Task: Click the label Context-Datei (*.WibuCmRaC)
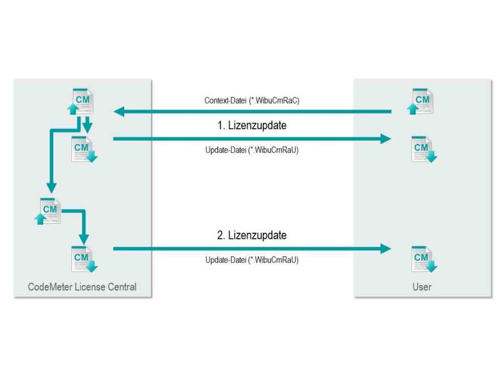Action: pyautogui.click(x=252, y=101)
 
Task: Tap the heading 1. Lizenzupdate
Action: pyautogui.click(x=252, y=125)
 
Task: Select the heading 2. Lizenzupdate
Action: pyautogui.click(x=252, y=235)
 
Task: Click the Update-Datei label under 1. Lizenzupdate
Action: pyautogui.click(x=252, y=150)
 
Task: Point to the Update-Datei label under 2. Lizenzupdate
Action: pyautogui.click(x=252, y=260)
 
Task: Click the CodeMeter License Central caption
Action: pyautogui.click(x=82, y=287)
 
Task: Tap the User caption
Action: pyautogui.click(x=422, y=287)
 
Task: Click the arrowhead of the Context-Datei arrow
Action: pyautogui.click(x=119, y=112)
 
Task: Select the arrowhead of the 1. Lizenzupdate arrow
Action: pyautogui.click(x=386, y=139)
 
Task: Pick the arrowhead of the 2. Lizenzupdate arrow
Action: pyautogui.click(x=386, y=249)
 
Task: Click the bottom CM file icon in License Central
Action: pyautogui.click(x=84, y=259)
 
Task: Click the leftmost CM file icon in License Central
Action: pyautogui.click(x=47, y=211)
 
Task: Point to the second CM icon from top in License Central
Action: pyautogui.click(x=84, y=149)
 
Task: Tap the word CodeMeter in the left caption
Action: pyautogui.click(x=50, y=287)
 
